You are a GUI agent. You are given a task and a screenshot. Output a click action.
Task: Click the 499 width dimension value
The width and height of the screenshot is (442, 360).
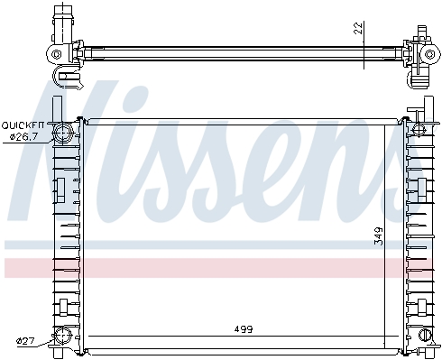[244, 329]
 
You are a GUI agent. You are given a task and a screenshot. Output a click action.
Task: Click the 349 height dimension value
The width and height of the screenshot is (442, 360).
[379, 236]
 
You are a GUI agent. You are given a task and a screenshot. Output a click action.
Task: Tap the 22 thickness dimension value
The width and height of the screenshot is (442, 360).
[358, 28]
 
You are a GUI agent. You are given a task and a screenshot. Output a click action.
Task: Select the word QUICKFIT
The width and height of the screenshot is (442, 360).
[23, 125]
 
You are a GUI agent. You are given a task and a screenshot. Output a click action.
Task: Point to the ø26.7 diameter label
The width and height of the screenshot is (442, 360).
[23, 137]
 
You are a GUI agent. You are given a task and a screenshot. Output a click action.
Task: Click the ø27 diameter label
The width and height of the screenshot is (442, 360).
[26, 341]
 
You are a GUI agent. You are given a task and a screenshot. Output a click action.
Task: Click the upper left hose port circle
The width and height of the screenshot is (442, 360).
[63, 132]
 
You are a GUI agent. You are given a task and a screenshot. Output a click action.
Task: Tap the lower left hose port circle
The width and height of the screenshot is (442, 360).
[62, 337]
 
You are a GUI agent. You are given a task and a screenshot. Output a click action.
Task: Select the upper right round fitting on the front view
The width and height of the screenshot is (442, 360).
[419, 128]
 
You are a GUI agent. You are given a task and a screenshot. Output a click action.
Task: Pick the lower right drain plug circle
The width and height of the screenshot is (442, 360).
[425, 335]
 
